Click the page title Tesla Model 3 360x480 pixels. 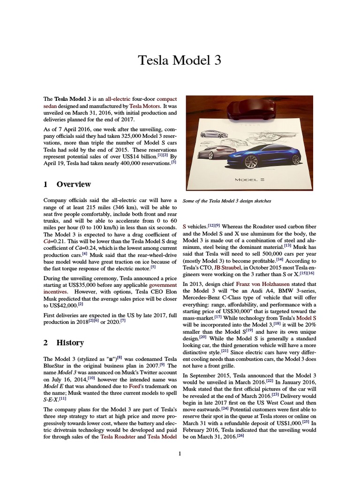click(180, 60)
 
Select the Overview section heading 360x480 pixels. click(73, 184)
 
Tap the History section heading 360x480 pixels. click(70, 342)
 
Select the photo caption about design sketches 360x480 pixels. click(227, 201)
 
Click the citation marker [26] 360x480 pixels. click(240, 435)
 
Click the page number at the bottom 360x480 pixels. click(180, 453)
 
